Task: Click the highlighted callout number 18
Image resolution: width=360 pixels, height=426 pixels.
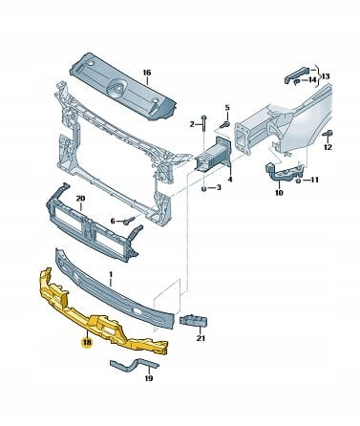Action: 87,343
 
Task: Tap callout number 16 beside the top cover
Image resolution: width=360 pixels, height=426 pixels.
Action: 146,73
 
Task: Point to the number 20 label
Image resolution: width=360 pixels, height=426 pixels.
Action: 80,199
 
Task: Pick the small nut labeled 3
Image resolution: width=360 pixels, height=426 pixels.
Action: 204,189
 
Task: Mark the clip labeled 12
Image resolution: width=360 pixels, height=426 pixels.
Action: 328,134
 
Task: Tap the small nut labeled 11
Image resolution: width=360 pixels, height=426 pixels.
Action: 299,181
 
